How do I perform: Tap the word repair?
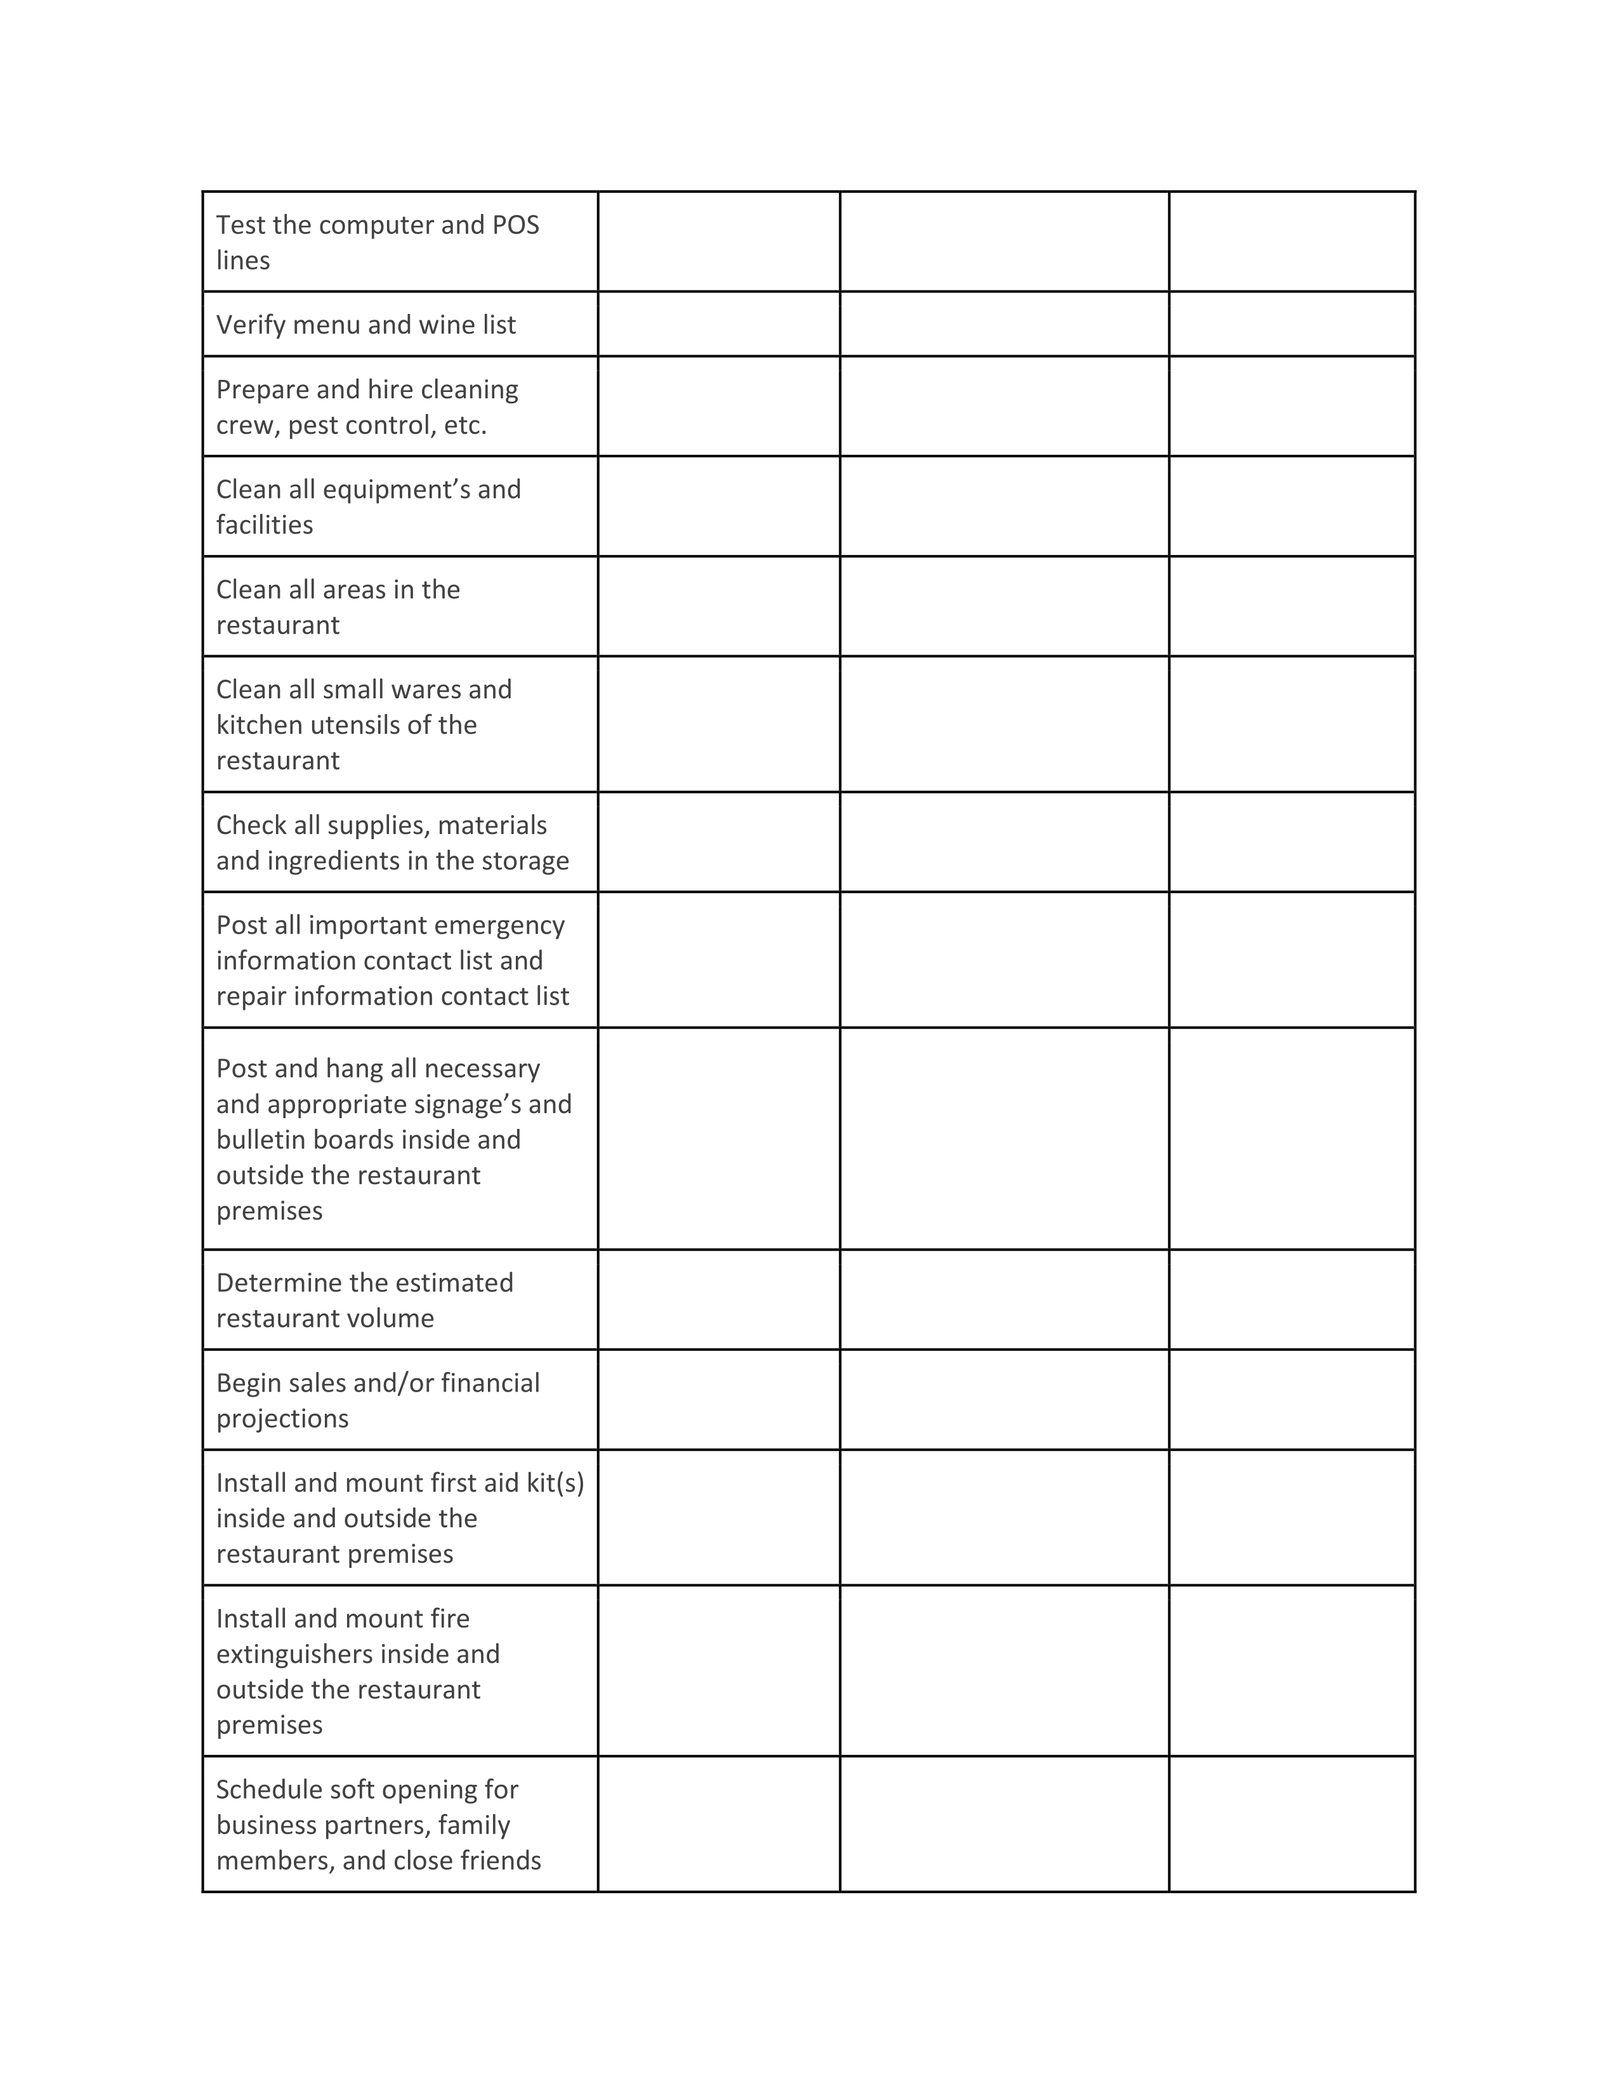pyautogui.click(x=251, y=996)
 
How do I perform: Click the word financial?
pyautogui.click(x=490, y=1384)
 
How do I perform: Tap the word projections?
pyautogui.click(x=282, y=1419)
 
